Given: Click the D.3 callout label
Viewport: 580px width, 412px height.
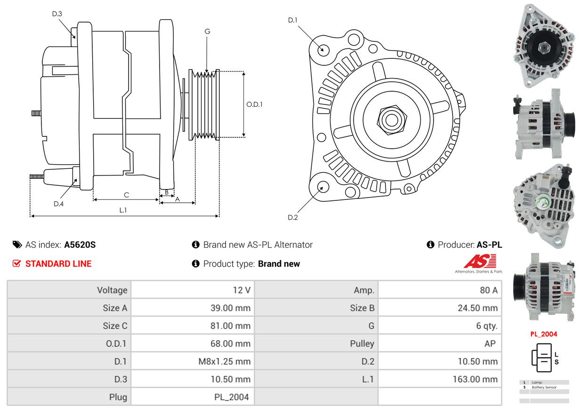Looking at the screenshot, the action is click(x=57, y=14).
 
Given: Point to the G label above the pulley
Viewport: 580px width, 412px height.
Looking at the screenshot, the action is click(x=208, y=32).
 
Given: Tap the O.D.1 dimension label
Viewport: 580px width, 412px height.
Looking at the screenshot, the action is click(x=254, y=104).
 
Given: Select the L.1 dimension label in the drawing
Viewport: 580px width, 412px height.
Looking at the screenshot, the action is click(x=123, y=210).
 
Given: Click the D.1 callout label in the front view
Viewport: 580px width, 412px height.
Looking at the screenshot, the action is click(x=293, y=20).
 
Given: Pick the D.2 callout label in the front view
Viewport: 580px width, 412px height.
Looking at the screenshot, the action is click(x=293, y=217).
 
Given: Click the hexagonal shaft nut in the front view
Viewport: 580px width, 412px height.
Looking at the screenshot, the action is click(x=392, y=120).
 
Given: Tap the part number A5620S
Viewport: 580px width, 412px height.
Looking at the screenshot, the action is click(x=80, y=245).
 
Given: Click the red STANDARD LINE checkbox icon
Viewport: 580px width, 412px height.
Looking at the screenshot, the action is click(x=16, y=263).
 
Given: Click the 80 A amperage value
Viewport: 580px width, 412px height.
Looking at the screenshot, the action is click(x=489, y=290).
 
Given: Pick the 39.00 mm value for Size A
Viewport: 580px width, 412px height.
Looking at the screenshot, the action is click(x=231, y=308).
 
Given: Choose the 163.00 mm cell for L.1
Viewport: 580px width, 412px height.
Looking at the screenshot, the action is click(x=475, y=380).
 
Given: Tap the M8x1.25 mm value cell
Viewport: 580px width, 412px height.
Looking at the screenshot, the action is click(x=225, y=362).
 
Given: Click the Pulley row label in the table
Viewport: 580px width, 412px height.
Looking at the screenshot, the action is click(x=362, y=344).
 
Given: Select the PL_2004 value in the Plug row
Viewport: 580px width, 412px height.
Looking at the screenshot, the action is click(x=232, y=397).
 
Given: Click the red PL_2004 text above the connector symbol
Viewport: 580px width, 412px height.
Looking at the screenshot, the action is click(x=543, y=334).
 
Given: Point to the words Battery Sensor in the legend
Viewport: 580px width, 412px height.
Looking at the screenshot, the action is click(x=544, y=387).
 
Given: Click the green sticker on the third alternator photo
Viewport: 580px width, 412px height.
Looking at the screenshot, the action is click(x=543, y=202).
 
